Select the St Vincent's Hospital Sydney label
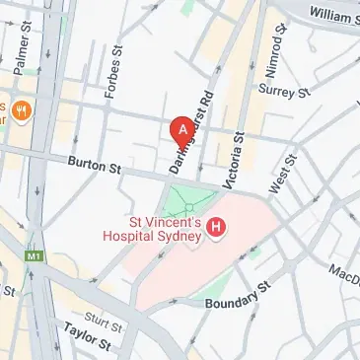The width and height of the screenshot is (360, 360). pyautogui.click(x=153, y=230)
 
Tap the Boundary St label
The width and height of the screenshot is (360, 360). pyautogui.click(x=237, y=297)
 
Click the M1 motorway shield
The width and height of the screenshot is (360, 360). pyautogui.click(x=36, y=257)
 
